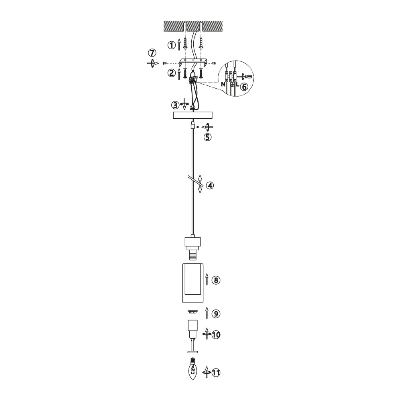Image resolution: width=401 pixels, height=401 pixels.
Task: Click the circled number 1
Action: pyautogui.click(x=171, y=45)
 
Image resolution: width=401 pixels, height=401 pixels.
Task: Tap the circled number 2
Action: pyautogui.click(x=171, y=73)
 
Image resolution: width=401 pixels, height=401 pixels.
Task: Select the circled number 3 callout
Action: pyautogui.click(x=175, y=105)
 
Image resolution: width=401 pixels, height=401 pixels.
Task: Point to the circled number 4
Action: pyautogui.click(x=210, y=185)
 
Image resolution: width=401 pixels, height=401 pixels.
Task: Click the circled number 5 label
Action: pyautogui.click(x=207, y=137)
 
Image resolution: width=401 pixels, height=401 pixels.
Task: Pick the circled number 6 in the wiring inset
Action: pyautogui.click(x=244, y=87)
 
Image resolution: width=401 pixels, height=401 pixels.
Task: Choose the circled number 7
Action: pyautogui.click(x=152, y=53)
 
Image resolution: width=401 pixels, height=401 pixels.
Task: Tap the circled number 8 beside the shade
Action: pyautogui.click(x=216, y=280)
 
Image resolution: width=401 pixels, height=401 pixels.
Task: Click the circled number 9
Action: pyautogui.click(x=216, y=314)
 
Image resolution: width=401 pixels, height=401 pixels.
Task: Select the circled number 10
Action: pyautogui.click(x=216, y=335)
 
